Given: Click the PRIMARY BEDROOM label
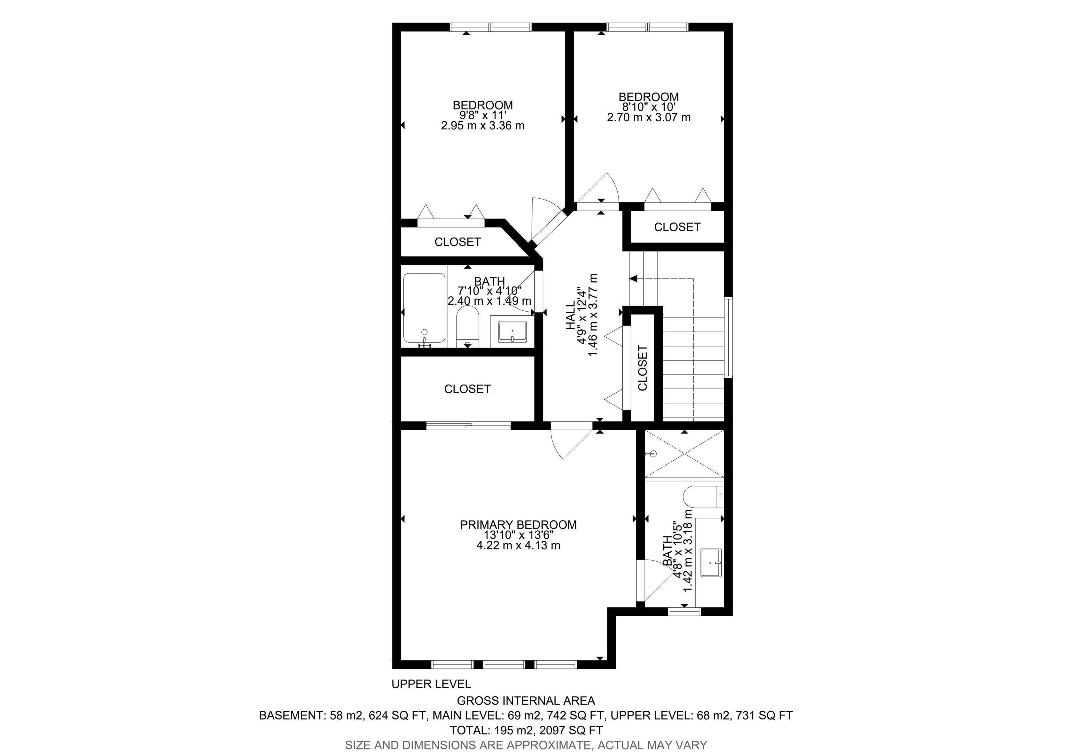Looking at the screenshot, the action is [518, 525].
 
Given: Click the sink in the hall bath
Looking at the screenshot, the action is [512, 332].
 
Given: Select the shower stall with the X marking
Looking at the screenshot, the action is [684, 454].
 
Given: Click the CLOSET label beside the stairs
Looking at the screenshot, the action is [642, 368].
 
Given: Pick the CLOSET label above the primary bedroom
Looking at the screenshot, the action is [468, 389].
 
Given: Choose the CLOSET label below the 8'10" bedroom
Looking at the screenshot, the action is [677, 227].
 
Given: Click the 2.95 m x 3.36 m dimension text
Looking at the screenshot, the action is [483, 126].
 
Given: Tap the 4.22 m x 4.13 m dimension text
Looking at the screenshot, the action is [518, 545].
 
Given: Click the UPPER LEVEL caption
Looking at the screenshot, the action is [431, 684].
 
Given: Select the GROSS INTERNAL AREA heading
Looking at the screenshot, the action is [526, 700].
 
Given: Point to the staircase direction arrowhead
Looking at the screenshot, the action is [633, 279].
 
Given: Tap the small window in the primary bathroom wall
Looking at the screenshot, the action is [684, 612].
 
